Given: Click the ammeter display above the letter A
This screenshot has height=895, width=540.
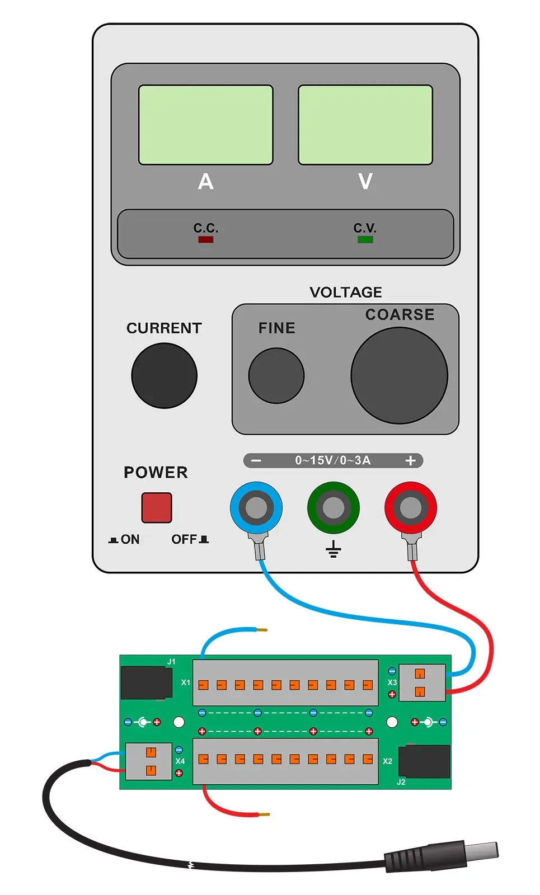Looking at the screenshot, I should [205, 125].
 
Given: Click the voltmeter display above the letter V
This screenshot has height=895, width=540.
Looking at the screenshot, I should [365, 125].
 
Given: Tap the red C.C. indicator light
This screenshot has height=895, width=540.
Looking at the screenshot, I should [205, 239].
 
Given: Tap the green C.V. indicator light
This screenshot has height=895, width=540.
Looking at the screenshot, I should [365, 239].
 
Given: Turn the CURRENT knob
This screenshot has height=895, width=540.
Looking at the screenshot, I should [164, 375].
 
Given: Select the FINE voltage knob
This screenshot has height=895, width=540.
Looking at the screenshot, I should [276, 375].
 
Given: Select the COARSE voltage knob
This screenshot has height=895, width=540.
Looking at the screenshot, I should [399, 375].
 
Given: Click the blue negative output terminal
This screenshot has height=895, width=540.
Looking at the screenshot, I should [256, 508].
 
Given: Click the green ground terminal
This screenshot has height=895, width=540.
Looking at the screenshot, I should [334, 508].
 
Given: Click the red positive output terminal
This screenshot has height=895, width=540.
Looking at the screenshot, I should [411, 508].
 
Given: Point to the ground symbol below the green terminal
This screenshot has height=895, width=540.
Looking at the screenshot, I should [334, 549].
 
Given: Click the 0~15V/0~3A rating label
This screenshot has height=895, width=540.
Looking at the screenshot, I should [333, 460].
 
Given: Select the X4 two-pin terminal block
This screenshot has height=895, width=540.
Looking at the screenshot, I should [149, 761].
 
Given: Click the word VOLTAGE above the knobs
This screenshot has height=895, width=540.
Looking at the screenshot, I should [346, 292].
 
